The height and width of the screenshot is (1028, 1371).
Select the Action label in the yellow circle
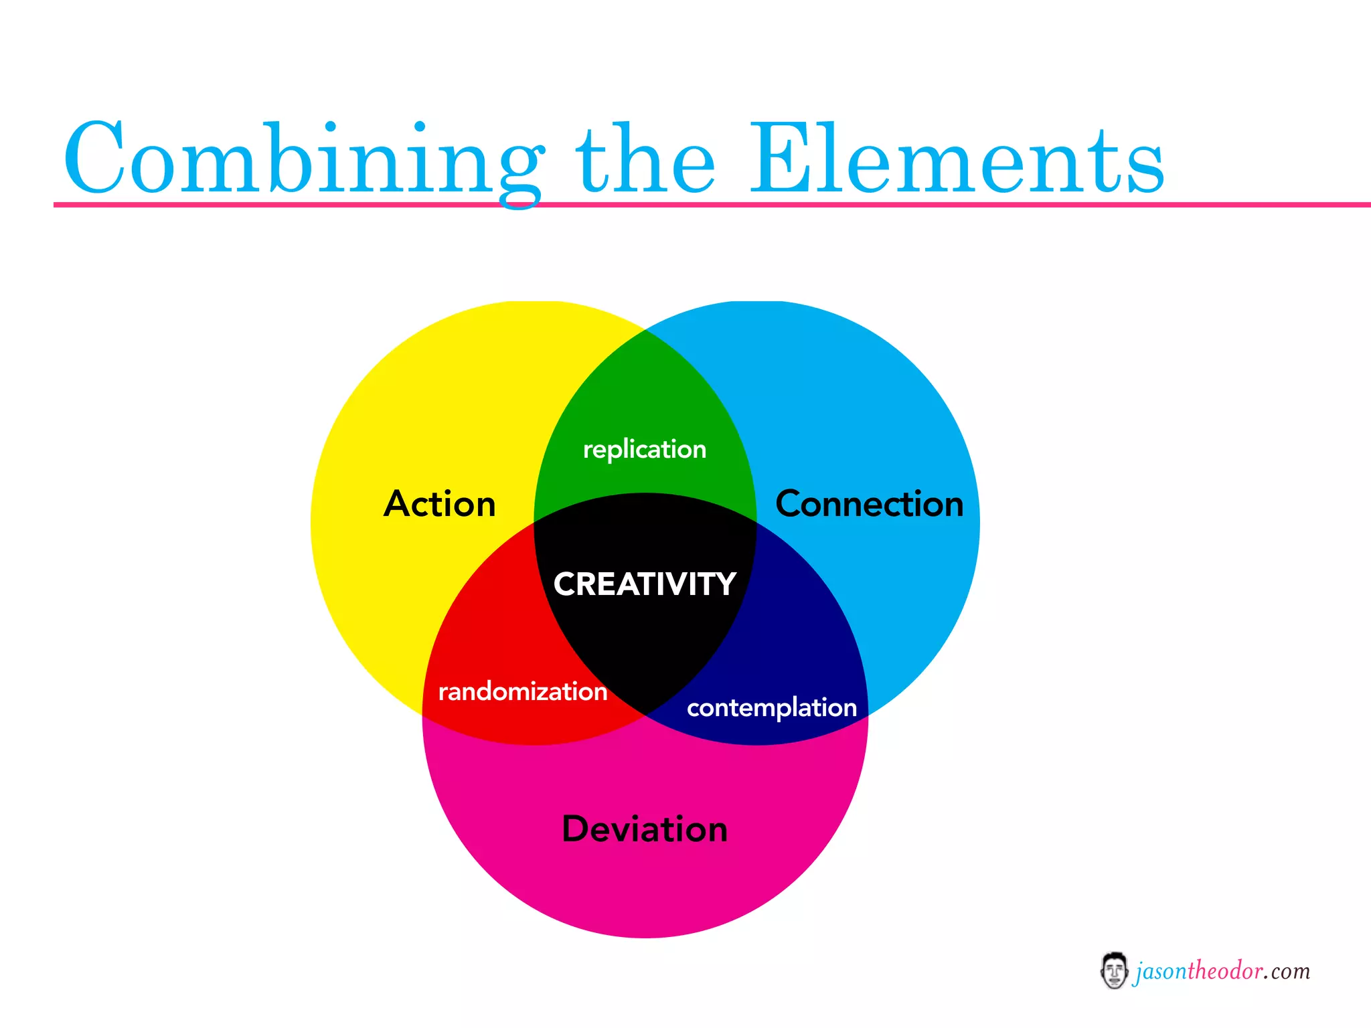439,504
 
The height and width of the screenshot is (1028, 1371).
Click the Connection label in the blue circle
869,504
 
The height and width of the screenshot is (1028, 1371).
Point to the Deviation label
645,829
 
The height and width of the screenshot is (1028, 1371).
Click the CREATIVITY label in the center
645,584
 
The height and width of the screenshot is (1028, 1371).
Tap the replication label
645,450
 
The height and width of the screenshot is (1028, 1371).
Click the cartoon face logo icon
1114,970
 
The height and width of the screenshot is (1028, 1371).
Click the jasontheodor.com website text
1222,971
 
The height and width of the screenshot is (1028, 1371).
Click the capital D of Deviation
578,829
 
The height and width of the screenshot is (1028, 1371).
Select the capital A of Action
399,504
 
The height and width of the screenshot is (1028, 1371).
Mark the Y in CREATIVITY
724,584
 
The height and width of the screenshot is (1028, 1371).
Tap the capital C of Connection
790,504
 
